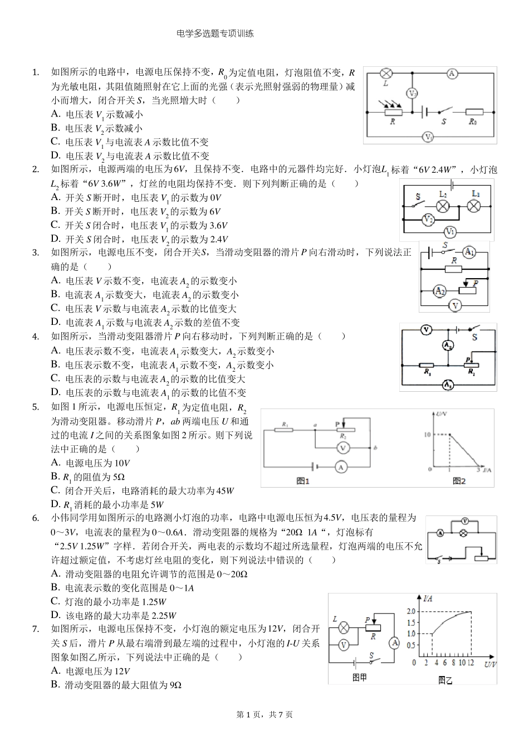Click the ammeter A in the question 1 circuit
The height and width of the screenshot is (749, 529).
click(x=452, y=74)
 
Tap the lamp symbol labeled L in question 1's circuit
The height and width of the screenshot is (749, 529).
click(x=386, y=74)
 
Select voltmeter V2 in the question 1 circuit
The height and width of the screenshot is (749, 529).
click(x=412, y=94)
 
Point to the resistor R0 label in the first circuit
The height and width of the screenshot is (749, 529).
click(x=472, y=121)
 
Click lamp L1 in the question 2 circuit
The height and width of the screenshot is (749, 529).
click(x=474, y=206)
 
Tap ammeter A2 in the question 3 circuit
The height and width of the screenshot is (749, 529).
click(x=440, y=290)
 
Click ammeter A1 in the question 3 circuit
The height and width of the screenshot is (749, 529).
click(x=469, y=252)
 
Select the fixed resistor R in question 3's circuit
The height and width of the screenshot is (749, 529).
click(x=454, y=269)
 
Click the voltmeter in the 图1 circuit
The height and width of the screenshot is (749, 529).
click(x=343, y=448)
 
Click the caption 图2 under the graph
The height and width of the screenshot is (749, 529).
click(x=459, y=481)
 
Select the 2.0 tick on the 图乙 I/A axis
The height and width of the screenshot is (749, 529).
click(x=412, y=611)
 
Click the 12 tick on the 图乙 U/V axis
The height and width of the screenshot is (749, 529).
click(x=471, y=663)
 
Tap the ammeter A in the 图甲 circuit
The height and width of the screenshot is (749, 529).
click(x=394, y=643)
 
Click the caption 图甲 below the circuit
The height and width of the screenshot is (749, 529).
click(x=360, y=677)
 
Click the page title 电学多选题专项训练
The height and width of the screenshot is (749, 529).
click(x=214, y=33)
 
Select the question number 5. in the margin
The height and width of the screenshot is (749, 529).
click(x=36, y=407)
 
